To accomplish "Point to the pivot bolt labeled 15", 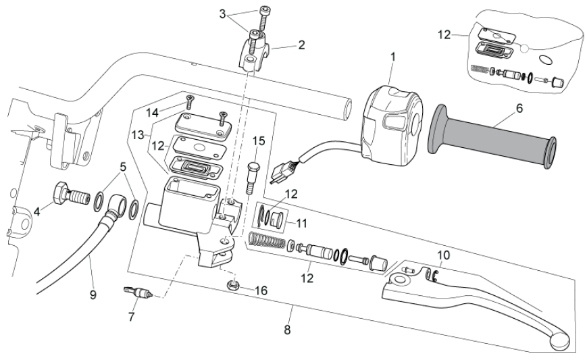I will [x=255, y=169].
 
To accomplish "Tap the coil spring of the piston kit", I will [x=266, y=239].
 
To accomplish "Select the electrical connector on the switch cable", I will [x=278, y=174].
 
